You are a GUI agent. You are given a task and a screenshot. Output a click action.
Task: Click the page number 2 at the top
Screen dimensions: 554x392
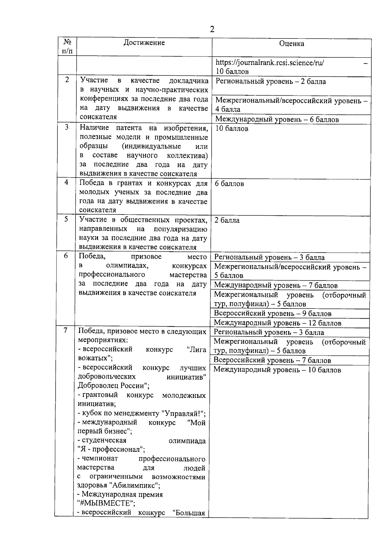[212, 30]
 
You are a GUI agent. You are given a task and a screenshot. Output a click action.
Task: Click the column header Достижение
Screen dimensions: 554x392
[144, 42]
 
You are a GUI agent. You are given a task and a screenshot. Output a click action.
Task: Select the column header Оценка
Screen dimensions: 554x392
[292, 43]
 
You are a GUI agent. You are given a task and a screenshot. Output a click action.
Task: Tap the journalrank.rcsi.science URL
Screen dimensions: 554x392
[270, 62]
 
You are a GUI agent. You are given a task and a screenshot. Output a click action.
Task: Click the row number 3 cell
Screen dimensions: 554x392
[67, 127]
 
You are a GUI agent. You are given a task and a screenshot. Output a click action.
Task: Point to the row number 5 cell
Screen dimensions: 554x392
[66, 219]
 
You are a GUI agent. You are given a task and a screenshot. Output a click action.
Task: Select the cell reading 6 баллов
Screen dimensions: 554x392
[229, 184]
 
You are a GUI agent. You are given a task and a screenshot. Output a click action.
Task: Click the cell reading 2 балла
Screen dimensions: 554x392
[227, 220]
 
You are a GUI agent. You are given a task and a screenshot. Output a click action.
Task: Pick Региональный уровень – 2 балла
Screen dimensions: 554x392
[270, 82]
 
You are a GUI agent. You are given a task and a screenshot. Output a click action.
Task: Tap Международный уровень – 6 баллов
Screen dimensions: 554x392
[277, 119]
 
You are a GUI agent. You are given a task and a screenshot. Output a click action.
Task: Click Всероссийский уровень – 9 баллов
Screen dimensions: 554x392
[273, 314]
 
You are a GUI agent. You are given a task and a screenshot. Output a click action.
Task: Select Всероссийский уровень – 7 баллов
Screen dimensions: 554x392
[272, 360]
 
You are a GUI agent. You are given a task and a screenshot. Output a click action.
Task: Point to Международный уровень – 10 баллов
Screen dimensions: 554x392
[277, 370]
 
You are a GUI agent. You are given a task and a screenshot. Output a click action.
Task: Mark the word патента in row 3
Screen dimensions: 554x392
[129, 128]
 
